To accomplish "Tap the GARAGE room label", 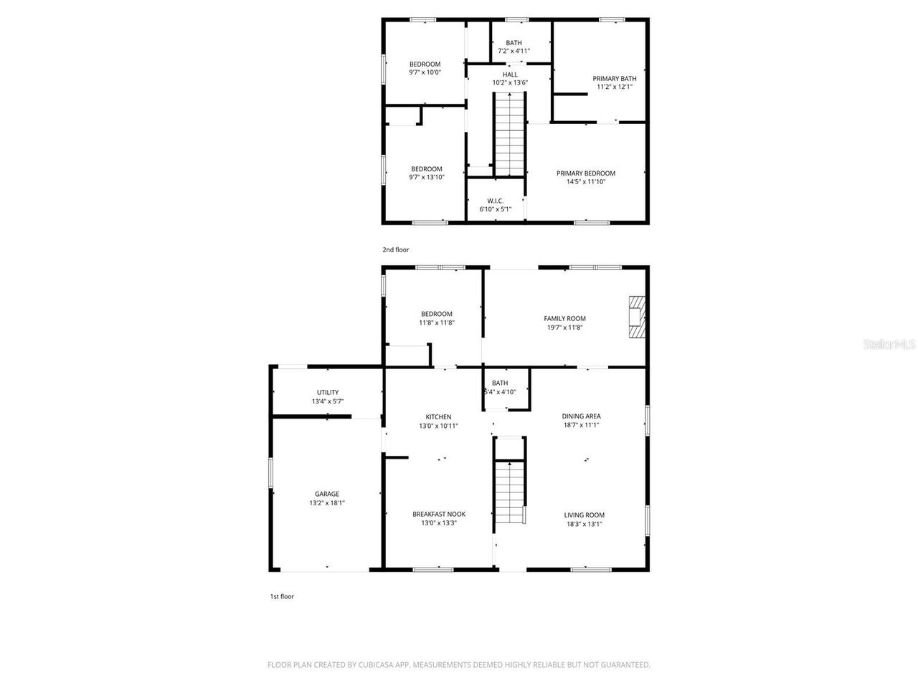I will (x=327, y=494).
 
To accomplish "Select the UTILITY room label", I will (x=328, y=392).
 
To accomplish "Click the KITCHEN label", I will (x=438, y=416).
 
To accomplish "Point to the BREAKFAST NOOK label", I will (x=439, y=514).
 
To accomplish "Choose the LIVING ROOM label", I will (x=584, y=515).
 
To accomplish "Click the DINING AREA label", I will (x=581, y=416).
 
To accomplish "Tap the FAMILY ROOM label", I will (x=564, y=318).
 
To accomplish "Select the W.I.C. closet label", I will (x=495, y=201).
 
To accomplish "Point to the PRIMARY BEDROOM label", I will (x=586, y=173).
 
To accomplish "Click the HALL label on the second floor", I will (x=510, y=74).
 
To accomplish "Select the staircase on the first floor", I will (x=510, y=492).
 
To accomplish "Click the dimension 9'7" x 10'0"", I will (x=425, y=72).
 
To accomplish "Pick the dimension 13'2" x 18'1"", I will (x=327, y=503).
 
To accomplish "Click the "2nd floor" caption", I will (x=395, y=249).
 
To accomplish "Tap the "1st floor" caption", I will (x=281, y=596).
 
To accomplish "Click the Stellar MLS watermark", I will (x=889, y=344).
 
